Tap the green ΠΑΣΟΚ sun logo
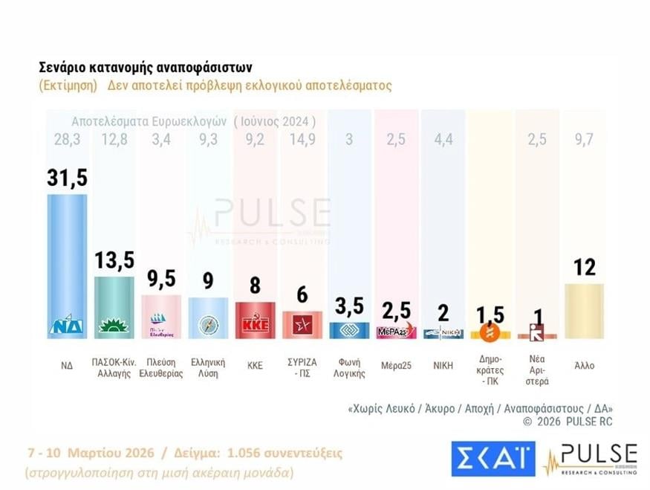(115, 326)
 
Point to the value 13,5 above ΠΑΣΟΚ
(115, 260)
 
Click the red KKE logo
(256, 326)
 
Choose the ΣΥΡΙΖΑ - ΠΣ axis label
(302, 367)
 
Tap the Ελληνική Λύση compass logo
(208, 326)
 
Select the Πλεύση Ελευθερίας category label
(161, 367)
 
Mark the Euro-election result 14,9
(302, 140)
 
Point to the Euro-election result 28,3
(67, 140)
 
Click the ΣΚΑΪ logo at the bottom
(493, 459)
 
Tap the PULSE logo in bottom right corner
(591, 458)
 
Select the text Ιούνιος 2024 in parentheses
(275, 121)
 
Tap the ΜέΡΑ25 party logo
(395, 332)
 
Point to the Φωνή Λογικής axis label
(348, 367)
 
